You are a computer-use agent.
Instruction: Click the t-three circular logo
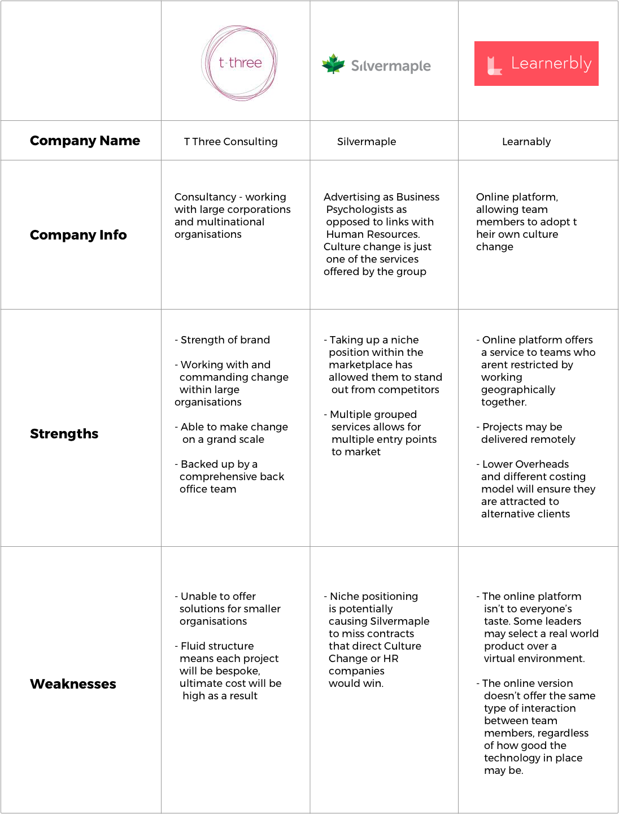click(x=239, y=63)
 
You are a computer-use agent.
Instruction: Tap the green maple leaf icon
click(x=333, y=64)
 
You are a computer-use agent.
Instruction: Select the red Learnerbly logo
click(x=536, y=63)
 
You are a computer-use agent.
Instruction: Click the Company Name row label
click(x=85, y=141)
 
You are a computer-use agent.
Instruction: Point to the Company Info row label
click(x=78, y=235)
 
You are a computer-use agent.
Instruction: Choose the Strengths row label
click(x=64, y=434)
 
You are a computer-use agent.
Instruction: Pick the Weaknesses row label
click(x=73, y=684)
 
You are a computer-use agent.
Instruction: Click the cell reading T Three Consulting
click(x=230, y=142)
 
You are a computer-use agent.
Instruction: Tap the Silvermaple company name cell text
click(x=367, y=142)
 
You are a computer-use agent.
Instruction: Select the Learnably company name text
click(x=526, y=142)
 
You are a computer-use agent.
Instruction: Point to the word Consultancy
click(x=205, y=197)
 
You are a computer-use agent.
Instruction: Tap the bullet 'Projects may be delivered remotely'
click(x=526, y=433)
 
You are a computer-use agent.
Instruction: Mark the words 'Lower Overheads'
click(x=525, y=464)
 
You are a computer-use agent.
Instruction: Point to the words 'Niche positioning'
click(x=374, y=597)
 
